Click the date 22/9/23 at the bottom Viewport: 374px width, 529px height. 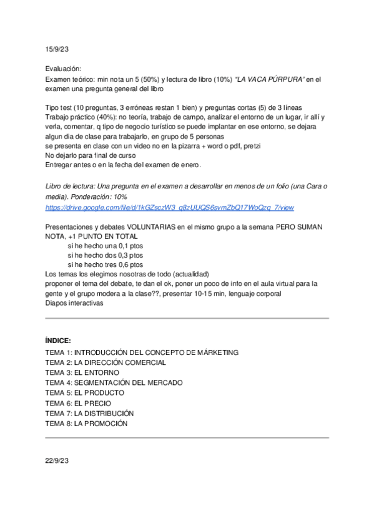coord(56,461)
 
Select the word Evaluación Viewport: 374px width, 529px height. coord(63,69)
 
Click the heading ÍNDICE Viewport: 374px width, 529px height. coord(58,341)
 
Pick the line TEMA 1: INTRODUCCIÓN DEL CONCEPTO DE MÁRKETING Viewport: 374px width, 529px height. coord(142,352)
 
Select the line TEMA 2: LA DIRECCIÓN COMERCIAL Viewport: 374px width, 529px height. coord(106,362)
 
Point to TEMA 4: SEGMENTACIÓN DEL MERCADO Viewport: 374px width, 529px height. coord(114,382)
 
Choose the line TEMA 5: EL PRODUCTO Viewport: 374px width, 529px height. coord(85,393)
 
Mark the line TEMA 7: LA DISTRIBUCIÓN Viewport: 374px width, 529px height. coord(90,413)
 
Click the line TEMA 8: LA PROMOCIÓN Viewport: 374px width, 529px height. coord(86,424)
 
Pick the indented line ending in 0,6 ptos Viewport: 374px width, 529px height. coord(106,264)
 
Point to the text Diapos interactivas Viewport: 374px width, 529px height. coord(74,303)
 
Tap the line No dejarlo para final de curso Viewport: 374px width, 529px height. coord(94,155)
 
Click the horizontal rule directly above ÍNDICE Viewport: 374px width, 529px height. coord(187,318)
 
